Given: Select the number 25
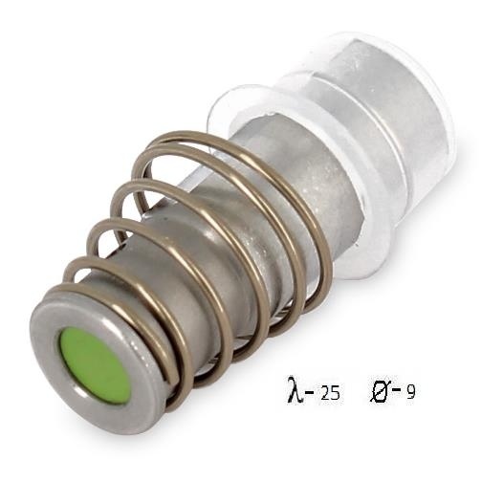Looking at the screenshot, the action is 330,392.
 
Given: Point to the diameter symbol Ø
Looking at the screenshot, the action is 380,389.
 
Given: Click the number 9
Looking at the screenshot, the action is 411,391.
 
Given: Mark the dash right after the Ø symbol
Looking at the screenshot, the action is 396,389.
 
